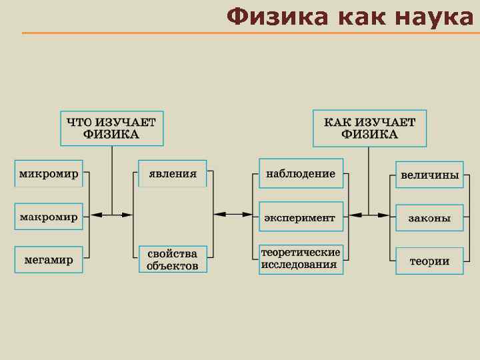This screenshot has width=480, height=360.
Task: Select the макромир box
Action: (x=49, y=217)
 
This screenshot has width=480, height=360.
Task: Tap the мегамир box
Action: (x=49, y=260)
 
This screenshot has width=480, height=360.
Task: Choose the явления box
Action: (x=173, y=174)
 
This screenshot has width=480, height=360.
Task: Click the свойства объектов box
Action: (x=173, y=259)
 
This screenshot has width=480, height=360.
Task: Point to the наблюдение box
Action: (x=301, y=173)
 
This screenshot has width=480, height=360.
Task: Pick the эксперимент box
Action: (x=301, y=217)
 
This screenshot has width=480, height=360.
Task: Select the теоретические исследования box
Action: (x=301, y=259)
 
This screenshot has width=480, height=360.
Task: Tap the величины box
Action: (x=429, y=175)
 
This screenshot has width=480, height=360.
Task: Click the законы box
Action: (x=429, y=217)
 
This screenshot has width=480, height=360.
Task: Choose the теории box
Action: (x=429, y=261)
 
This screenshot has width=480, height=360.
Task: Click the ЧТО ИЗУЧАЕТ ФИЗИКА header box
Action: (x=111, y=128)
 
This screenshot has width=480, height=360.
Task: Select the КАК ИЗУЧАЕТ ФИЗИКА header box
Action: (x=369, y=128)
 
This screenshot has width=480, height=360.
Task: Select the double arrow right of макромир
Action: (x=111, y=215)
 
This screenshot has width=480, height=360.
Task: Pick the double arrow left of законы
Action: (x=369, y=215)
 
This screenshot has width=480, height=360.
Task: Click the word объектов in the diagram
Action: (x=173, y=266)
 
